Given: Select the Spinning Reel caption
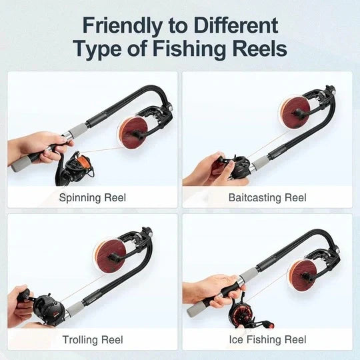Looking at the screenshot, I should [92, 197].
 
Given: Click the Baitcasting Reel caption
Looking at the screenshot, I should [267, 197].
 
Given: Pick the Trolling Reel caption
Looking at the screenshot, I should [92, 340].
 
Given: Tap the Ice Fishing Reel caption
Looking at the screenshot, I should [267, 340].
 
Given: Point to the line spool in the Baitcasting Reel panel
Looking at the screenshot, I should [293, 109].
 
